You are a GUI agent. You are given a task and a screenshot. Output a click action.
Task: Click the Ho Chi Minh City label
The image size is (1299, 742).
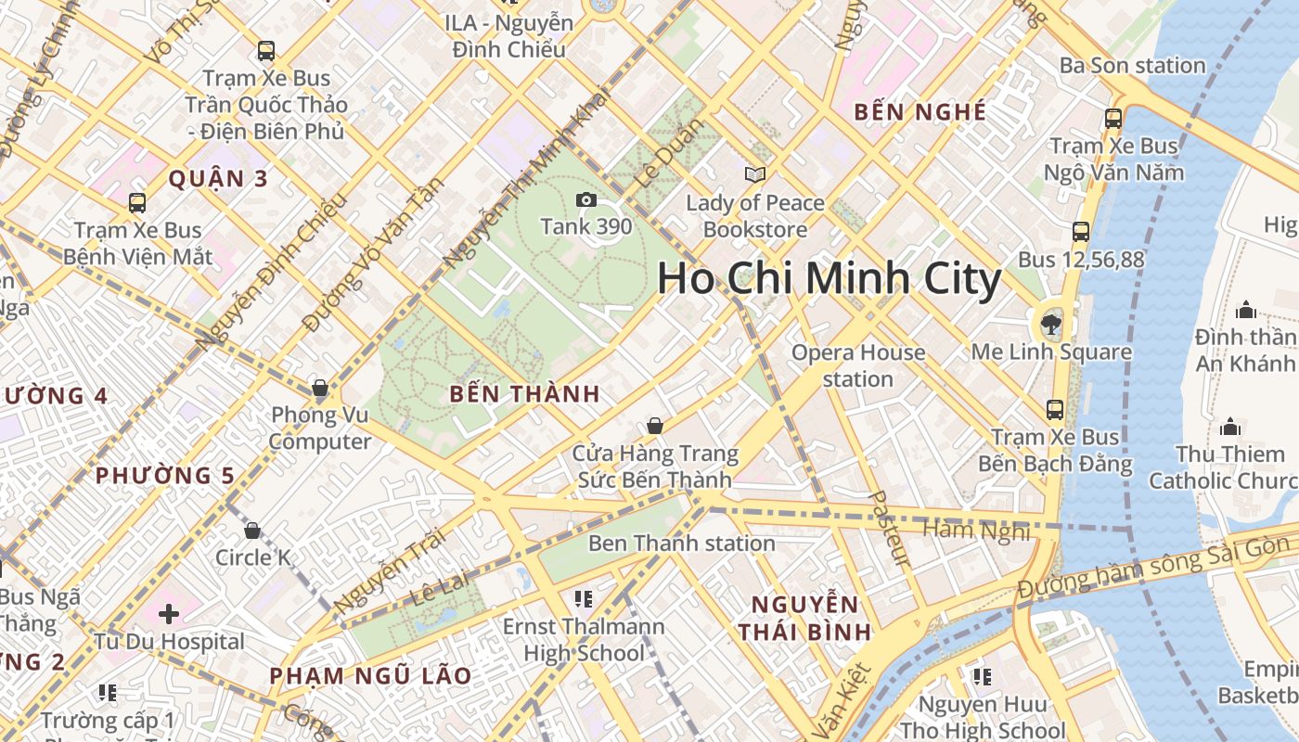click(830, 278)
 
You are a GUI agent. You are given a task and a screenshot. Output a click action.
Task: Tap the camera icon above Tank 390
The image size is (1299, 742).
click(585, 199)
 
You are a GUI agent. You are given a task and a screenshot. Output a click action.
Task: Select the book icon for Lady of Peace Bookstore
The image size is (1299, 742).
click(755, 174)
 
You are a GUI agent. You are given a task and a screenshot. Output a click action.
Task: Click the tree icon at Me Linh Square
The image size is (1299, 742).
click(1051, 324)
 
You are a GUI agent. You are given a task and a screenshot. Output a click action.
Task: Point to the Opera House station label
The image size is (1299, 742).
click(858, 365)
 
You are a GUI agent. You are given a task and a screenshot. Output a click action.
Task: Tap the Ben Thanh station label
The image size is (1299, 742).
click(681, 543)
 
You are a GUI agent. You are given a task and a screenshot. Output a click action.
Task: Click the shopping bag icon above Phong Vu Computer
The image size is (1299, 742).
click(320, 387)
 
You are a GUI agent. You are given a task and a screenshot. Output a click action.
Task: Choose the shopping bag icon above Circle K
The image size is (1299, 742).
click(252, 531)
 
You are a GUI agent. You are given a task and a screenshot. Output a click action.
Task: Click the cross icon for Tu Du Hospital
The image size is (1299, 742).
click(169, 613)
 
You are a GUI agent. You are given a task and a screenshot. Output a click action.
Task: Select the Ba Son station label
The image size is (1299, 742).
click(1132, 65)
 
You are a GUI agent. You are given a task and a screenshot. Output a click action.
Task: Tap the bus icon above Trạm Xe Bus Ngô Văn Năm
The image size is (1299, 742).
click(1113, 119)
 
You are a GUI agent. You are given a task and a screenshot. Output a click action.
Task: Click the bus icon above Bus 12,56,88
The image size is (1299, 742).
click(1081, 232)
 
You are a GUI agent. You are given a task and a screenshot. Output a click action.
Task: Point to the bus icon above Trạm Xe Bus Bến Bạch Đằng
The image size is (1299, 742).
click(1055, 409)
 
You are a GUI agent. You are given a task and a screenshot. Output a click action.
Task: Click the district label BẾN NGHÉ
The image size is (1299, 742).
click(920, 112)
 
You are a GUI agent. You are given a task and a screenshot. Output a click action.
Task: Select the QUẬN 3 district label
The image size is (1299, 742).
click(218, 178)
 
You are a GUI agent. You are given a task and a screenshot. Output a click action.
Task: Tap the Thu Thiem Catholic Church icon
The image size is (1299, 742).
click(1230, 427)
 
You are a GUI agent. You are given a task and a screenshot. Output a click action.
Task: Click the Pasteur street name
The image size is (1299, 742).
click(889, 529)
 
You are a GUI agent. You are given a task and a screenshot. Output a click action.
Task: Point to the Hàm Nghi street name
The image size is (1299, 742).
click(976, 530)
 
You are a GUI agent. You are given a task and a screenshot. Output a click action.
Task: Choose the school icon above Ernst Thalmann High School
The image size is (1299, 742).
click(583, 599)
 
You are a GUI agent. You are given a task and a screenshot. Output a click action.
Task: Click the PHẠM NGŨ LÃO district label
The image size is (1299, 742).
click(370, 675)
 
